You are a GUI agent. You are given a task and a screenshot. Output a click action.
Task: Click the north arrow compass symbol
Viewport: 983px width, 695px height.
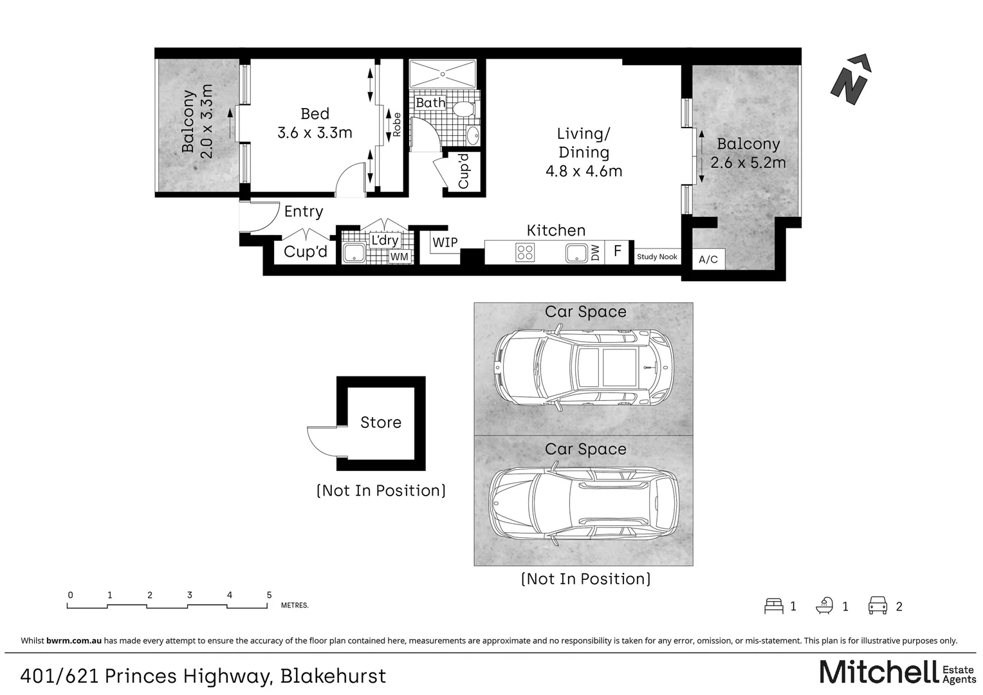pyautogui.click(x=851, y=80)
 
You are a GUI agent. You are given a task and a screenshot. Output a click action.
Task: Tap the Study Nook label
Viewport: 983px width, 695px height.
pyautogui.click(x=657, y=257)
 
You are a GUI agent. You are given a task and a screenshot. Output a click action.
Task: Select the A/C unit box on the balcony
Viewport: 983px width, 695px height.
pyautogui.click(x=708, y=259)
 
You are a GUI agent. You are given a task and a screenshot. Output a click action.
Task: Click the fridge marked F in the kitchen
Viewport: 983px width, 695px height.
pyautogui.click(x=618, y=251)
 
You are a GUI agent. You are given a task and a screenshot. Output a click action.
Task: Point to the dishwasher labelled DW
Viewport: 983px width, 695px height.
pyautogui.click(x=595, y=252)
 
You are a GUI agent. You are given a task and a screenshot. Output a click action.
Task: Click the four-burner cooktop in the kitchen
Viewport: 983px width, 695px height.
pyautogui.click(x=525, y=252)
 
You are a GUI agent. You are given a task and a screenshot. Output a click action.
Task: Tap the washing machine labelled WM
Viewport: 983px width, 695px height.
pyautogui.click(x=399, y=257)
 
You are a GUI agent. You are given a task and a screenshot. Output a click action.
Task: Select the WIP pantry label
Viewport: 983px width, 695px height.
pyautogui.click(x=445, y=243)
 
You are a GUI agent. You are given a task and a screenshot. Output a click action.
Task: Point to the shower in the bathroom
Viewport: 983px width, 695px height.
pyautogui.click(x=443, y=74)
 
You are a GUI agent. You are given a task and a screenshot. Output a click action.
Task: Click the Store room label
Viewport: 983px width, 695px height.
pyautogui.click(x=381, y=423)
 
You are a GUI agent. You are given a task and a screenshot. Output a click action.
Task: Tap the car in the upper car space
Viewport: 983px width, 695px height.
pyautogui.click(x=583, y=368)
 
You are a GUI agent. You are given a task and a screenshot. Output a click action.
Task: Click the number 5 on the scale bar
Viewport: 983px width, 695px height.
pyautogui.click(x=269, y=595)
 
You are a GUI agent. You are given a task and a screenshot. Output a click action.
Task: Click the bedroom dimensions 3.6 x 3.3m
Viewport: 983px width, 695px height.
pyautogui.click(x=315, y=133)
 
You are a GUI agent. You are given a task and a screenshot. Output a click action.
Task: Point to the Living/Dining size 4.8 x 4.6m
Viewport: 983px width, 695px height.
pyautogui.click(x=583, y=171)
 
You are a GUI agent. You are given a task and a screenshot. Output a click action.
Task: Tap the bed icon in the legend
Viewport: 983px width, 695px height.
pyautogui.click(x=773, y=606)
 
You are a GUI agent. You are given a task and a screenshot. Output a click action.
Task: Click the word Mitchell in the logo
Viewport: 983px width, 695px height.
pyautogui.click(x=879, y=672)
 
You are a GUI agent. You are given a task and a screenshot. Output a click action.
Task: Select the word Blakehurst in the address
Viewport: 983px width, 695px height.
pyautogui.click(x=333, y=676)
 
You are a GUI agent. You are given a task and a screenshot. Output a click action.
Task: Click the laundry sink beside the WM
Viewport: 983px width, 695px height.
pyautogui.click(x=354, y=253)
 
